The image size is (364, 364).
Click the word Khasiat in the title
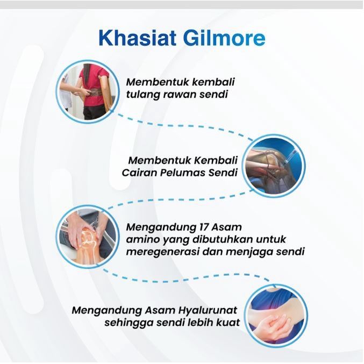tap(137, 38)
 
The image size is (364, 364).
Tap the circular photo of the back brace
tap(88, 91)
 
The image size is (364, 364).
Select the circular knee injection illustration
tap(274, 166)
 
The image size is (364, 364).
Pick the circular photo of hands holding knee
tap(88, 237)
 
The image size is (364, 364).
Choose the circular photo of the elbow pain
tap(276, 316)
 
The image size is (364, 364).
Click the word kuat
tap(228, 323)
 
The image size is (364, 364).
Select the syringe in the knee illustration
tap(288, 158)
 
